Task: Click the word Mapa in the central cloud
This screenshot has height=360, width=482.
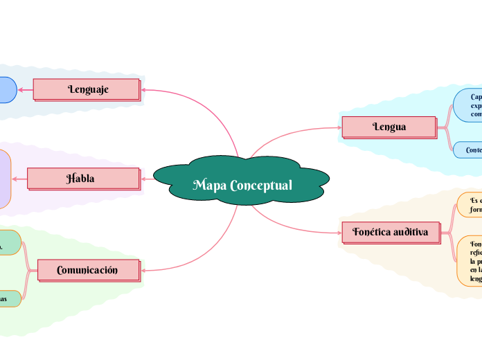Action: coord(209,186)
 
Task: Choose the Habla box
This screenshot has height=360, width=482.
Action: coord(82,179)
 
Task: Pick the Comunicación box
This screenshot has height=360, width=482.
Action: coord(87,270)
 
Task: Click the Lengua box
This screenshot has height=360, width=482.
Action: coord(389,127)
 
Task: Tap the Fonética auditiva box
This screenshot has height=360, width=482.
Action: coord(391,232)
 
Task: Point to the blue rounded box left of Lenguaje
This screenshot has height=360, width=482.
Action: coord(6,90)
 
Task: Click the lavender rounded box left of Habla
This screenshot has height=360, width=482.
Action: coord(5,179)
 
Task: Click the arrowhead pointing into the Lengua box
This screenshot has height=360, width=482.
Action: coord(339,127)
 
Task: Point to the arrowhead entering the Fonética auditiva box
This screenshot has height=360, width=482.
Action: coord(339,233)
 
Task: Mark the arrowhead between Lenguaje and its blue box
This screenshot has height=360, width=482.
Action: coord(21,89)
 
